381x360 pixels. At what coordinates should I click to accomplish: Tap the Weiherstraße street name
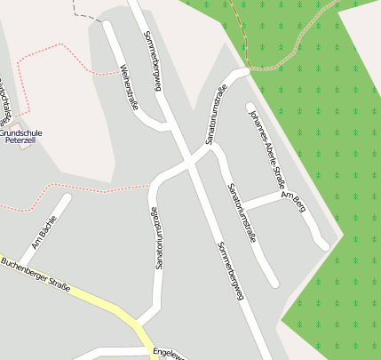point(130,87)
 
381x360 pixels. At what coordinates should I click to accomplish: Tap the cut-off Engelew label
point(169,355)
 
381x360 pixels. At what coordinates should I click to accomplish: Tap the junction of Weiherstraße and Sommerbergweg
point(166,122)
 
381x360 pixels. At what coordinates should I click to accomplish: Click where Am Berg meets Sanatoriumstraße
point(242,206)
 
